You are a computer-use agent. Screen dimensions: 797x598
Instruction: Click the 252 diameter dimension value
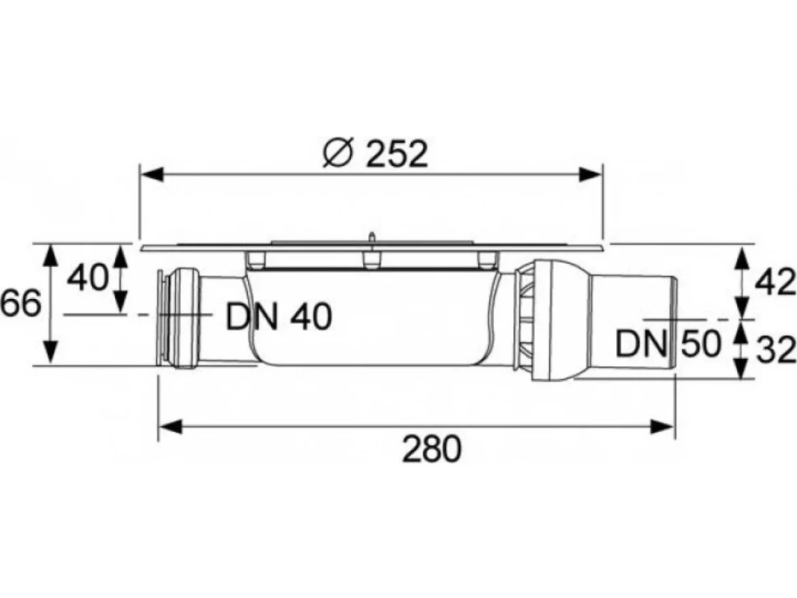(397, 154)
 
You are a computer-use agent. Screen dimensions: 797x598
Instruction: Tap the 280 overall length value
(432, 448)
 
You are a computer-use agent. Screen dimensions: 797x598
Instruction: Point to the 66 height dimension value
(21, 304)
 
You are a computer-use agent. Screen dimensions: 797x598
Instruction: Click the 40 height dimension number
(87, 278)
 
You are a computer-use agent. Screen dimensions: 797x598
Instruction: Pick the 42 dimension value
(774, 283)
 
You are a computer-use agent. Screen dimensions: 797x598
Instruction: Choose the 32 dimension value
(775, 351)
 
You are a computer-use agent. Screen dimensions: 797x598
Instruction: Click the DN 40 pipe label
(279, 316)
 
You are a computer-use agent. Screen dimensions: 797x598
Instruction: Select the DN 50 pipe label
(668, 344)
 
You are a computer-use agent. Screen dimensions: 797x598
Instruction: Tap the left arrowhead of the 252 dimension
(151, 175)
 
